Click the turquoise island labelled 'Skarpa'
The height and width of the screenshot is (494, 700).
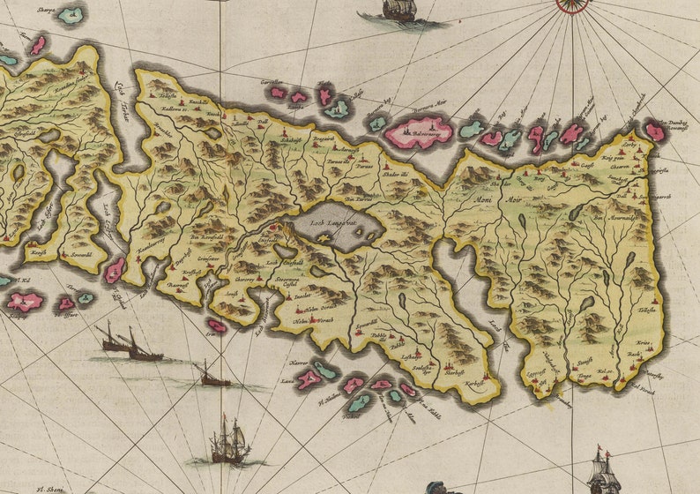point(70,15)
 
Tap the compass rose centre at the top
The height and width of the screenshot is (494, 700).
point(572,4)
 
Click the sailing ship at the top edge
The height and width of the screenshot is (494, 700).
point(398,11)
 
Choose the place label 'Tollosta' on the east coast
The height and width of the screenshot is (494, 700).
point(648,311)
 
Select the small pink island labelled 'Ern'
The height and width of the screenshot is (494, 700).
point(216,326)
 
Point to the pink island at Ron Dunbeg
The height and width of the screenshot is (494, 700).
point(654,131)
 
